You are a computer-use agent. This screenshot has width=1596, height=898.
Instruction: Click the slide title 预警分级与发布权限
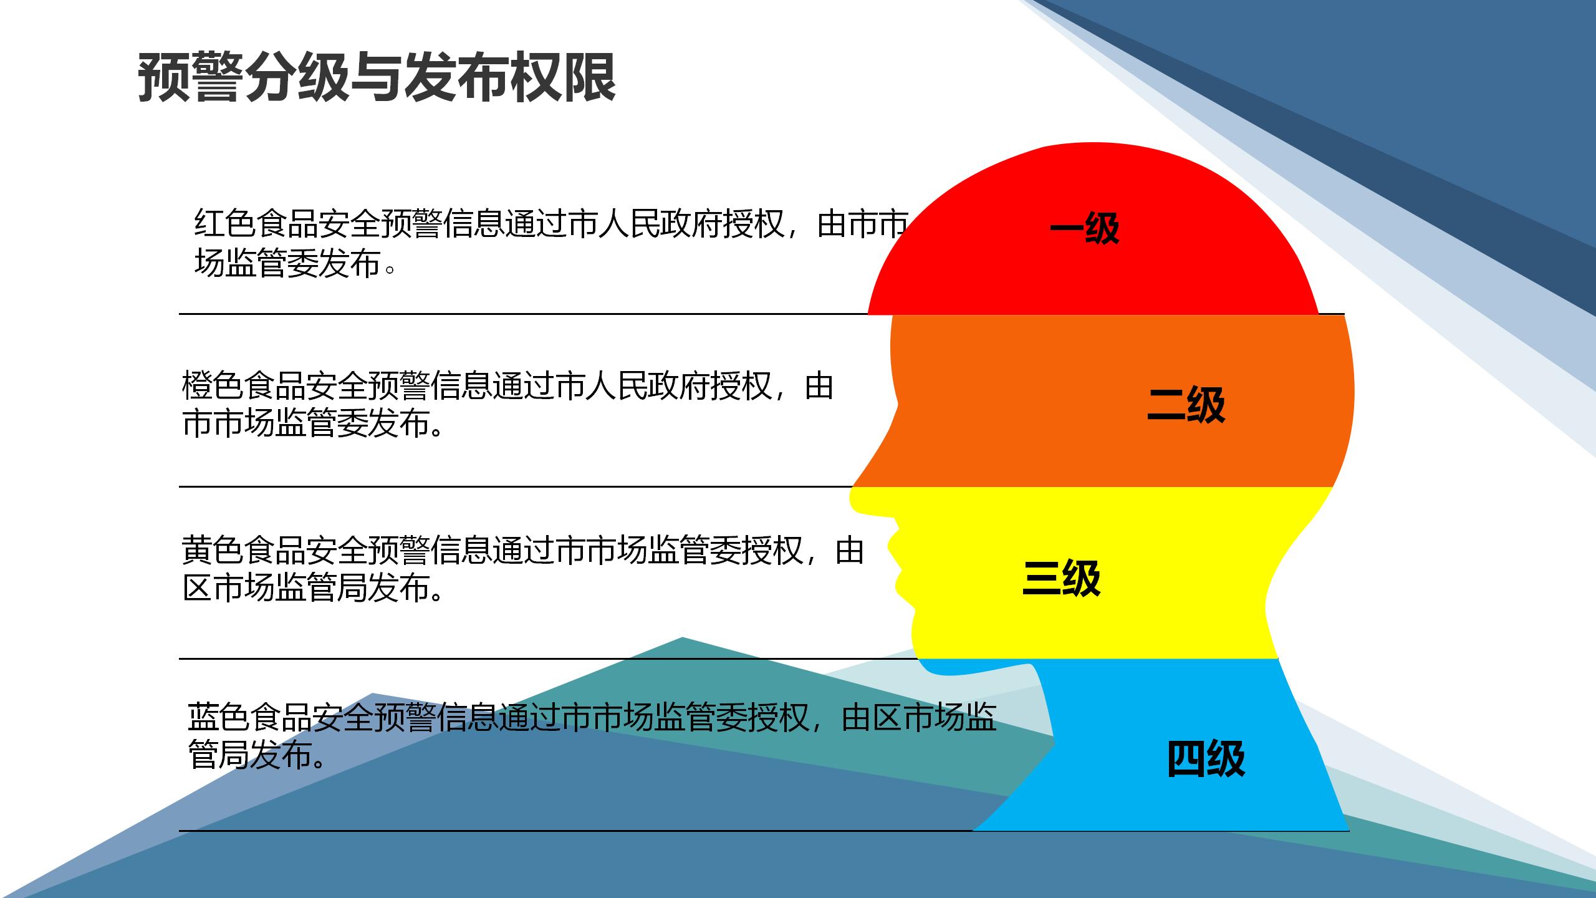[x=377, y=77]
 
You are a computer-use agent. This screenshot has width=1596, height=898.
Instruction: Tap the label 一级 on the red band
[x=1085, y=228]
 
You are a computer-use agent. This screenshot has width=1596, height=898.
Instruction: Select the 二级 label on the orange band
[x=1186, y=405]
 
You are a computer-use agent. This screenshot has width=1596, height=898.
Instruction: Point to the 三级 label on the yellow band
[x=1061, y=577]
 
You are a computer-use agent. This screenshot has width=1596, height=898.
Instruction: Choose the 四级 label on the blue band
[x=1206, y=758]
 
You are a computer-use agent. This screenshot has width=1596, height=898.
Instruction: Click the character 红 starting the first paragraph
[x=209, y=223]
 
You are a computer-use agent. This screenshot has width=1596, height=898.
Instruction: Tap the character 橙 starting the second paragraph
[x=197, y=386]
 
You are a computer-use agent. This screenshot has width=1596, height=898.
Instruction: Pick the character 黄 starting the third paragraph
[x=197, y=549]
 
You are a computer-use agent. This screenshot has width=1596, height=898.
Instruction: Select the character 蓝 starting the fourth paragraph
[x=203, y=717]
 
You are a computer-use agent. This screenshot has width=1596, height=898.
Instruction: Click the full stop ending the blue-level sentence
[x=319, y=763]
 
